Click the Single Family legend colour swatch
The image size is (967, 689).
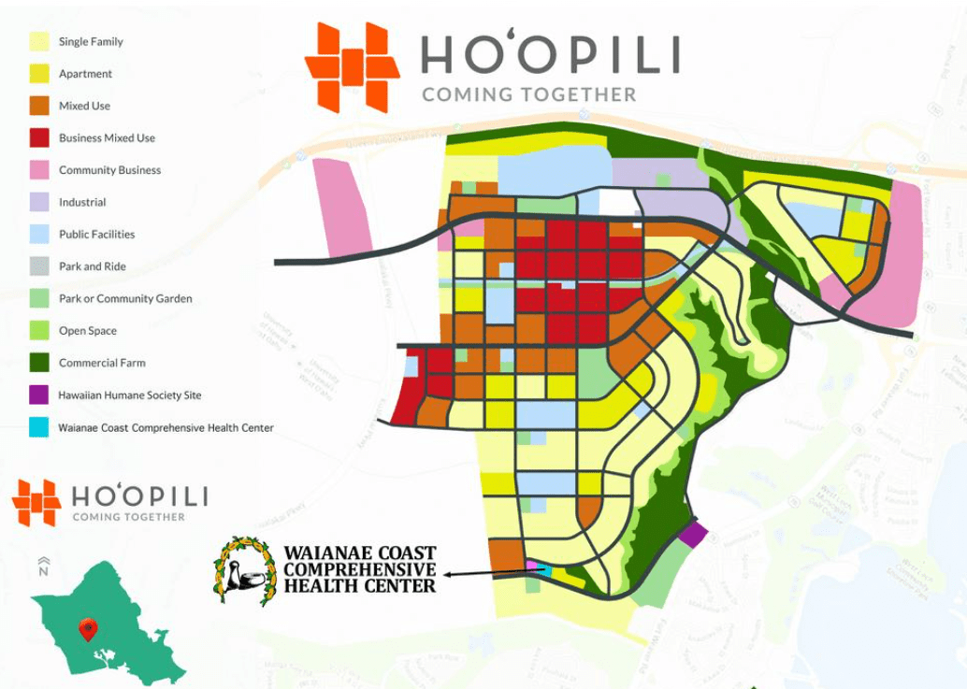pos(39,42)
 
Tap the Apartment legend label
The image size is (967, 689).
pos(85,74)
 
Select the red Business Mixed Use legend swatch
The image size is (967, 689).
pos(39,138)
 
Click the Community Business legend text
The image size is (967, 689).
pos(109,170)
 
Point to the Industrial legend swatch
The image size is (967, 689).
pos(39,202)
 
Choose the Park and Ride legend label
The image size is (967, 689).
pos(92,266)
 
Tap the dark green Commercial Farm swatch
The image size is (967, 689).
pos(39,363)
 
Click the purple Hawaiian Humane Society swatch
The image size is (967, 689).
pos(39,395)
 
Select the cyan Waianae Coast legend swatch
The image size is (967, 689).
pos(39,427)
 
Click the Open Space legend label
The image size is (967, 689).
pos(88,331)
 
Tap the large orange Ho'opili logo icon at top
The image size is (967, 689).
pos(352,67)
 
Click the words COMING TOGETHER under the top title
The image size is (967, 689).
pos(528,94)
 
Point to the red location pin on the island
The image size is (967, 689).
pos(88,629)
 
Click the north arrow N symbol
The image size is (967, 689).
pos(43,566)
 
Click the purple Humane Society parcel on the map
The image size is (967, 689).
pos(693,535)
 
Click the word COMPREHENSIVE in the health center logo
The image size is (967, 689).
pos(360,569)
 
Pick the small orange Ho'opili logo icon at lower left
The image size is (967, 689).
pos(36,502)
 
